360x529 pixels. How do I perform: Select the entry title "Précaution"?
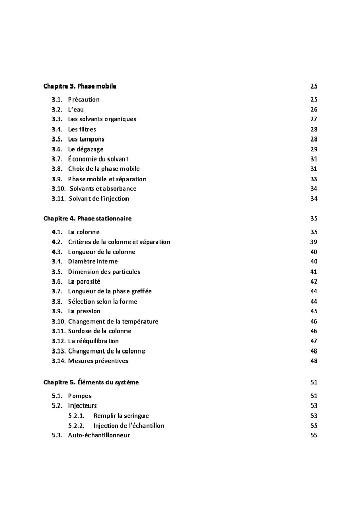[x=84, y=99]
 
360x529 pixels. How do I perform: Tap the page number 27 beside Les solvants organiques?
[x=314, y=119]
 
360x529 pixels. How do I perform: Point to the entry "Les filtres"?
[x=82, y=129]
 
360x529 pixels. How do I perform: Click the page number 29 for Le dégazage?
[x=314, y=149]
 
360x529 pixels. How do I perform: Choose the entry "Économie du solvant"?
[x=98, y=159]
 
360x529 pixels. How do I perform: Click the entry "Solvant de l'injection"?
[x=99, y=199]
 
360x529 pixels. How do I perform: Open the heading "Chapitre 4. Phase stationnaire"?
[x=87, y=218]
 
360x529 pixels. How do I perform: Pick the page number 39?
[x=314, y=242]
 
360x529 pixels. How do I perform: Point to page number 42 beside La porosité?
[x=314, y=281]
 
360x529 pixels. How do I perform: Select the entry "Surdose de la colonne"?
[x=100, y=331]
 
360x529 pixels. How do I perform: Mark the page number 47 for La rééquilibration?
[x=314, y=341]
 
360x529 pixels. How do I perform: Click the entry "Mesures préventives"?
[x=98, y=361]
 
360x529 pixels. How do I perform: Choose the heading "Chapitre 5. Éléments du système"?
[x=91, y=382]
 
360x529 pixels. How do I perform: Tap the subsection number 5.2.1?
[x=77, y=416]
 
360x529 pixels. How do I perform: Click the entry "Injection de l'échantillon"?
[x=129, y=426]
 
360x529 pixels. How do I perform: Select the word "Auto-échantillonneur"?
[x=99, y=435]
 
